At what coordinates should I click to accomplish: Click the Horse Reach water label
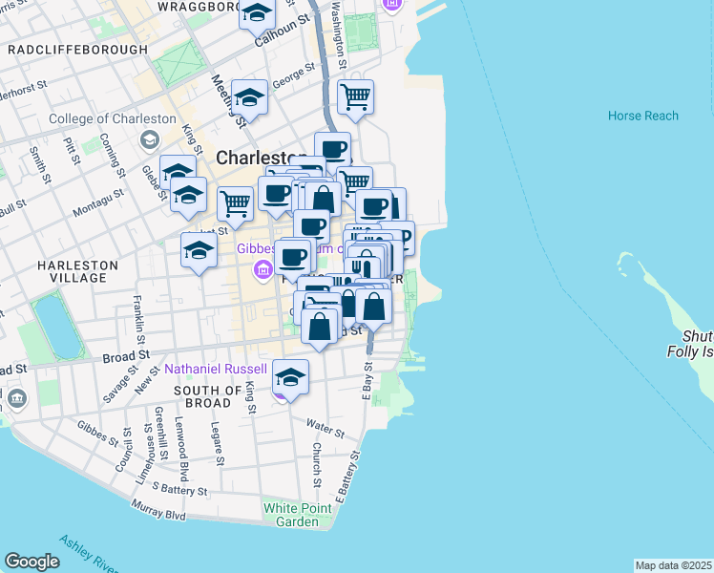tap(642, 116)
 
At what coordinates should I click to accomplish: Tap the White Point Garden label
tap(297, 514)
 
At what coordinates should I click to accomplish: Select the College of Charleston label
tap(114, 118)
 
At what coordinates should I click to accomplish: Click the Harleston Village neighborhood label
tap(73, 271)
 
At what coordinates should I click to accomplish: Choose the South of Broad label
tap(208, 397)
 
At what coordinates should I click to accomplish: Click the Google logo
tap(31, 562)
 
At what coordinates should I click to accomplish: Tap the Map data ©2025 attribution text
tap(673, 565)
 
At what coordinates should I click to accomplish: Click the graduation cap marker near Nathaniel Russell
tap(290, 374)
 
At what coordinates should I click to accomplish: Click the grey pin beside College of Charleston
tap(149, 140)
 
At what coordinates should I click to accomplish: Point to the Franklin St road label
tap(139, 320)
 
